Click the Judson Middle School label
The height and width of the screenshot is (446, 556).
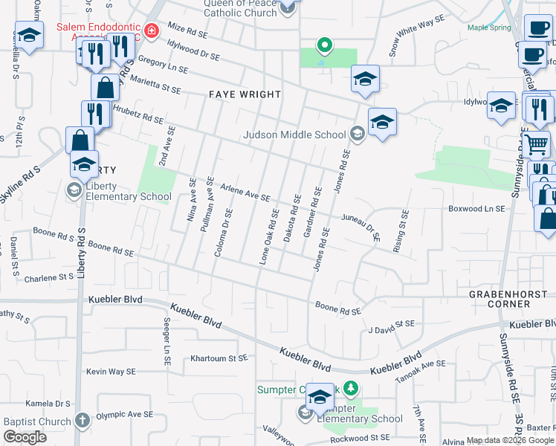[295, 135]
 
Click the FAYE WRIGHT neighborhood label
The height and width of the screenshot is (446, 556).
[245, 94]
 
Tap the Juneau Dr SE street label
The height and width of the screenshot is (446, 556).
[361, 227]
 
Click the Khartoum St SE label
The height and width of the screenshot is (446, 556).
[219, 358]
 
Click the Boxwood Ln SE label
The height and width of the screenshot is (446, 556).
[476, 209]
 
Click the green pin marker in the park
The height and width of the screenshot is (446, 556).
[324, 45]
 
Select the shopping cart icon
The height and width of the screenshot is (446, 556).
[535, 143]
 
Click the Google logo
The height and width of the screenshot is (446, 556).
[25, 437]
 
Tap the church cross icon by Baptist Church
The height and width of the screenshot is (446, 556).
[83, 420]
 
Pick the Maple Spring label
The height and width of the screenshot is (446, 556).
[489, 28]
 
